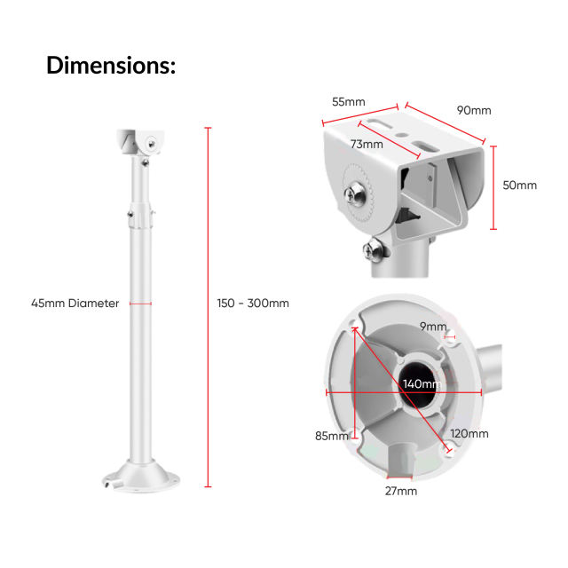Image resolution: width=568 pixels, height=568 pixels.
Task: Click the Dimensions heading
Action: (x=110, y=65)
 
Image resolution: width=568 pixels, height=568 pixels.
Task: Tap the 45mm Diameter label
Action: (x=75, y=304)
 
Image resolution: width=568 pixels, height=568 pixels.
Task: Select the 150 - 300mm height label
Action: (x=253, y=304)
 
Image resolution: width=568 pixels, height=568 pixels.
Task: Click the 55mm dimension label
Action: (x=349, y=102)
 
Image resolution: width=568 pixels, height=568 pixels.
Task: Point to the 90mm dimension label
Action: (x=474, y=111)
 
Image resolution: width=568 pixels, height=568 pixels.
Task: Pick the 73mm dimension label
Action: (x=366, y=144)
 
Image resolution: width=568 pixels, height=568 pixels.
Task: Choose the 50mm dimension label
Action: (x=520, y=185)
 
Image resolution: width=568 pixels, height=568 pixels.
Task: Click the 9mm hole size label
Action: (x=433, y=327)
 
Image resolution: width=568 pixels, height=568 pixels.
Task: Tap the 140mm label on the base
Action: (x=422, y=384)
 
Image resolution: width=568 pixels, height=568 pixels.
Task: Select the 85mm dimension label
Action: (x=332, y=436)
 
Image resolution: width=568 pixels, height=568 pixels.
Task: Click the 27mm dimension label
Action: (x=401, y=491)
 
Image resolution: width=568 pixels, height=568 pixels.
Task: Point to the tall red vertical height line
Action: (x=209, y=307)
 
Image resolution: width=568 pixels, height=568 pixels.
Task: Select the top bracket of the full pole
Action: (x=140, y=142)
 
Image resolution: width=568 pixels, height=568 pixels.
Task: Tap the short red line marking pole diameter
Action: (x=141, y=304)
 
